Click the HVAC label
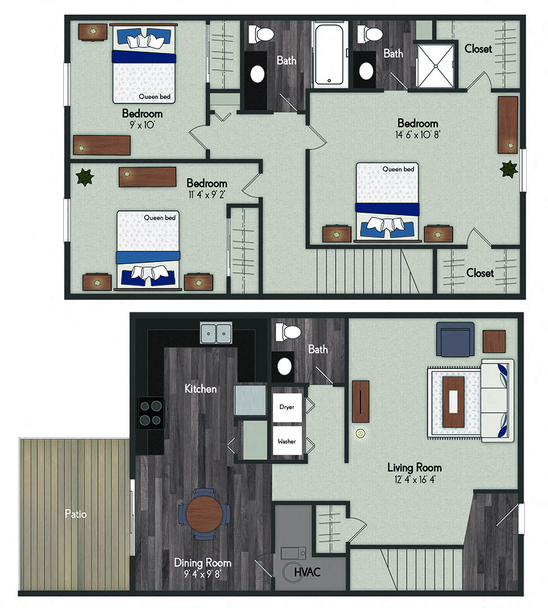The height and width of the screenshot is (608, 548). coord(307,572)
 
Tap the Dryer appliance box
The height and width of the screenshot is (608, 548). coord(287,407)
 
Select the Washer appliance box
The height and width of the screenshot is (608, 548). coord(287,440)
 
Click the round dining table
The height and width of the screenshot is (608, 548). coord(204,514)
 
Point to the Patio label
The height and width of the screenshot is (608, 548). coord(75,514)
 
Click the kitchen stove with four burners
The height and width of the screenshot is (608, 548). coord(151,413)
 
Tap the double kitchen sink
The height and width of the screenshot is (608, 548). coord(216,333)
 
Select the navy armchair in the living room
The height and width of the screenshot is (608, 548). coord(456,339)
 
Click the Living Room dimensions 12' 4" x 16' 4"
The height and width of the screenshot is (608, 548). coord(415,480)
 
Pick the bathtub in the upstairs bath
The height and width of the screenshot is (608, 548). coord(329,54)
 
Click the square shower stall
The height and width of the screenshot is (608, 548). coord(435,66)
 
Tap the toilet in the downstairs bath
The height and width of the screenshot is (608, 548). coord(288,332)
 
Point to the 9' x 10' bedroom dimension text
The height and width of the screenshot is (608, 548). coord(142,125)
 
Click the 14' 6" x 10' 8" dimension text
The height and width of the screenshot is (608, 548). coord(418,134)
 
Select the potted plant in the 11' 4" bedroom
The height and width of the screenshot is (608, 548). coord(85,178)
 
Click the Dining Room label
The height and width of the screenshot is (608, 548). coord(203,562)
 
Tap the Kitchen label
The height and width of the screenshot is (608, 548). coord(201,389)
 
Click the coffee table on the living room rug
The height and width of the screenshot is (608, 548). coord(453,402)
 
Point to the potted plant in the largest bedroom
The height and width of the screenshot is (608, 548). coord(508,170)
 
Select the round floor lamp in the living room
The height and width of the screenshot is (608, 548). coord(361,434)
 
